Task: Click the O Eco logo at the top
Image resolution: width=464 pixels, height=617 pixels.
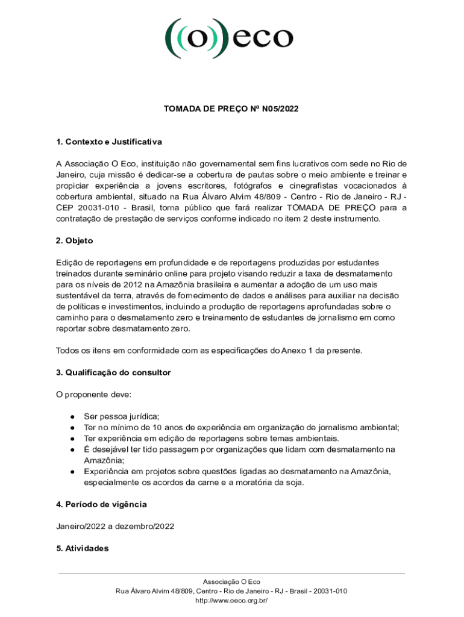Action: tap(230, 37)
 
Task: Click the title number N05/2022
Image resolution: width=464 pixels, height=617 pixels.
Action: tap(278, 109)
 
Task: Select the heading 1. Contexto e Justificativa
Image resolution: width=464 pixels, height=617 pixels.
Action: tap(109, 142)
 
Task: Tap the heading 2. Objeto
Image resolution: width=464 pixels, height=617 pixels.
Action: tap(75, 240)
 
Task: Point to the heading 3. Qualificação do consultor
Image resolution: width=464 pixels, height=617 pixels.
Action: tap(113, 372)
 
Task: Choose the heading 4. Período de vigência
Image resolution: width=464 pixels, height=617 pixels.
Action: tap(101, 504)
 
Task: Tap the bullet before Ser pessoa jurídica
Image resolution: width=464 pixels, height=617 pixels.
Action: tap(72, 416)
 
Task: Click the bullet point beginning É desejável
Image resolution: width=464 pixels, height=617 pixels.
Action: tap(72, 449)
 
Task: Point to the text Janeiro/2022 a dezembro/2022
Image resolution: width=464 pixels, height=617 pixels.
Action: tap(115, 526)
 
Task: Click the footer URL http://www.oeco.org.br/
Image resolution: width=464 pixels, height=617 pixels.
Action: tap(231, 600)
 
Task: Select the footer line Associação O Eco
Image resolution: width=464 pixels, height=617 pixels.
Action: tap(231, 582)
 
